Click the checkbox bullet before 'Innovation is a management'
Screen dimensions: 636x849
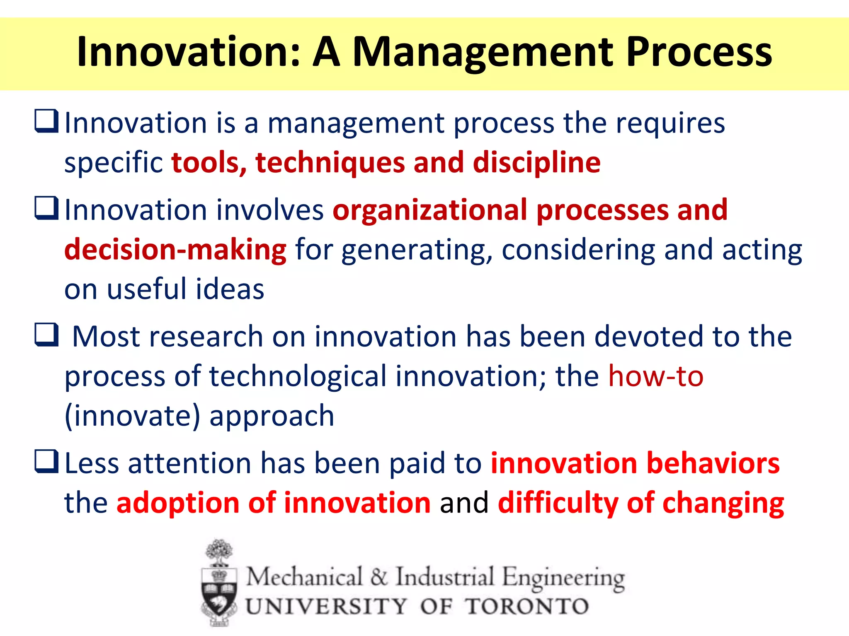[x=46, y=121]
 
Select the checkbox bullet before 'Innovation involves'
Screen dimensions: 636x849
[x=46, y=208]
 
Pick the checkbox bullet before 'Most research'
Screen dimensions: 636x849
[x=46, y=335]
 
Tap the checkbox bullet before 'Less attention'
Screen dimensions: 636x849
[x=46, y=461]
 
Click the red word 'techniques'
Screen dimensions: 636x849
[x=330, y=163]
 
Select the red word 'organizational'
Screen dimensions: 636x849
[x=429, y=210]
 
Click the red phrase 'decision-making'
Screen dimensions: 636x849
[x=175, y=250]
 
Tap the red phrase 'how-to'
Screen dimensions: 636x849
[x=656, y=376]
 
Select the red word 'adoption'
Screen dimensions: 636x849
[x=178, y=503]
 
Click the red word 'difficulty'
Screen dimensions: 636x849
[x=558, y=503]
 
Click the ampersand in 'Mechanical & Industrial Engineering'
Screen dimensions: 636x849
[x=378, y=577]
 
